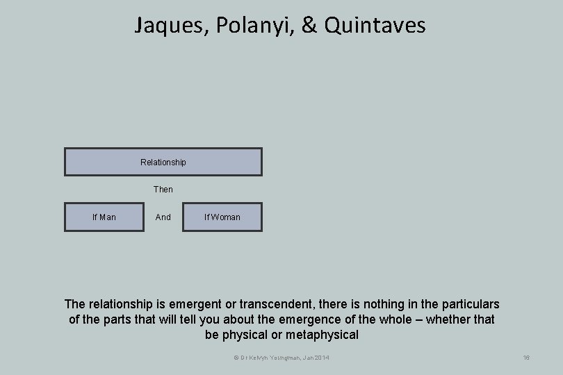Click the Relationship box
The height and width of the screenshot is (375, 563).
click(163, 162)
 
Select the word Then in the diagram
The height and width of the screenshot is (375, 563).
click(163, 190)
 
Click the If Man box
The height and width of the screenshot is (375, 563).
click(104, 217)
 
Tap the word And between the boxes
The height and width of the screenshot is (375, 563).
click(163, 217)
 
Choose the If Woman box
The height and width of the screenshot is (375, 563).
click(222, 217)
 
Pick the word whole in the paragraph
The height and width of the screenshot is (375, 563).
click(399, 319)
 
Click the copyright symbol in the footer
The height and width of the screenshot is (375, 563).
click(236, 358)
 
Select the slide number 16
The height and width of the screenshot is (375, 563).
click(526, 358)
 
